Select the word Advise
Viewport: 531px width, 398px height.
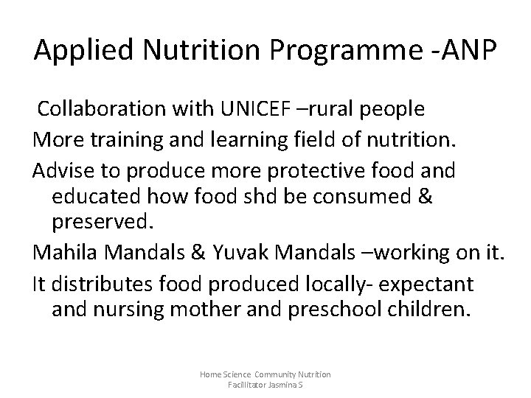tap(64, 170)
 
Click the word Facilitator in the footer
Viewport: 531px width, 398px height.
tap(247, 385)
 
